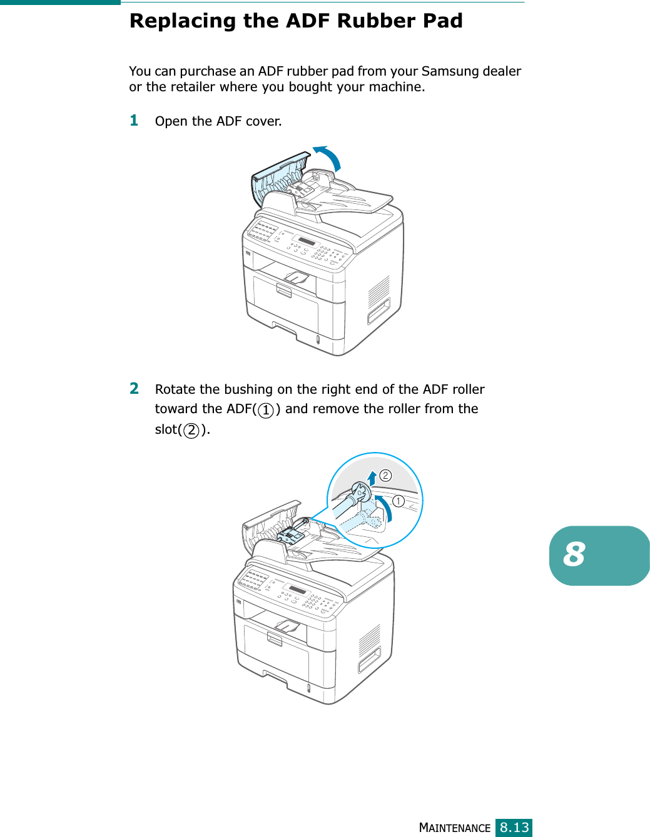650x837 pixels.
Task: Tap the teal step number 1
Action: pos(134,120)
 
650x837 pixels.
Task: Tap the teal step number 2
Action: pos(134,388)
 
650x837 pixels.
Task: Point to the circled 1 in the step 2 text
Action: pos(266,410)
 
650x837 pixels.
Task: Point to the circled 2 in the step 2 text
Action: pos(191,430)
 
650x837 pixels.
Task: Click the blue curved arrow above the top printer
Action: pos(330,157)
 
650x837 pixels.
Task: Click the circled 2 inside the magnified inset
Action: pos(385,476)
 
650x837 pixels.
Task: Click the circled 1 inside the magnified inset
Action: pos(398,501)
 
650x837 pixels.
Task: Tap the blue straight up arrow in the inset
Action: pos(372,478)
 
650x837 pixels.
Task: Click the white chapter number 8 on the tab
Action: pos(574,554)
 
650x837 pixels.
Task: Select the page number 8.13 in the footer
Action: pos(514,827)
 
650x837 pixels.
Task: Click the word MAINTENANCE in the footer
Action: pos(454,828)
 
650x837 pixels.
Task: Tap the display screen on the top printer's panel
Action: pos(307,242)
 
